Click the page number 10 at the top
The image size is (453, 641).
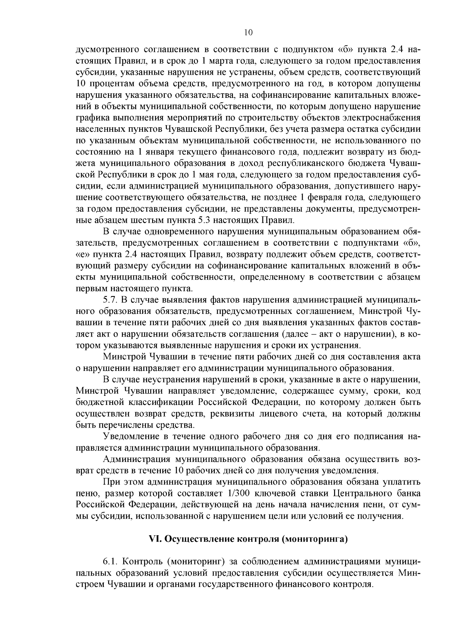point(248,32)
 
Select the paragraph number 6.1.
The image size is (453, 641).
point(110,562)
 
